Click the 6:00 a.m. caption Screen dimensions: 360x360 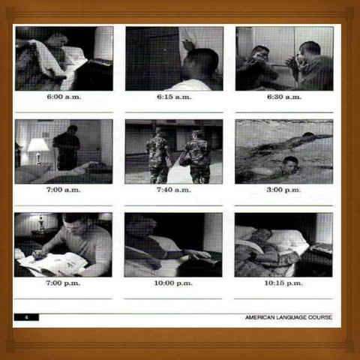click(x=64, y=97)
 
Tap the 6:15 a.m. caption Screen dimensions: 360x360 click(x=174, y=97)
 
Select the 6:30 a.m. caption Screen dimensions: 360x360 click(x=284, y=97)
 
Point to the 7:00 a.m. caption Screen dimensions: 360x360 click(x=64, y=190)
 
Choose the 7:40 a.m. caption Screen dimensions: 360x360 click(x=174, y=190)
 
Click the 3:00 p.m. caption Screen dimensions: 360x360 click(x=284, y=190)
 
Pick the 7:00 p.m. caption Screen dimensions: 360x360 click(x=64, y=283)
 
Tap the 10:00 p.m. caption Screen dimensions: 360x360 click(x=174, y=283)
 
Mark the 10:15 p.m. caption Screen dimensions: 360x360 click(x=284, y=283)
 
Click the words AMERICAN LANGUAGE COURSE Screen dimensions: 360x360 click(x=288, y=317)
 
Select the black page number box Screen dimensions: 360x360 click(x=26, y=317)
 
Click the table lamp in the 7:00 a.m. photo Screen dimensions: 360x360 click(x=37, y=147)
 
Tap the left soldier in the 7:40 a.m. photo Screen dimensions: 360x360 click(x=158, y=156)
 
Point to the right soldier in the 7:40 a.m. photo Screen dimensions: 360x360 click(x=197, y=157)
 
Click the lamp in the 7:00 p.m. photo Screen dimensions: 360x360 click(x=40, y=222)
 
